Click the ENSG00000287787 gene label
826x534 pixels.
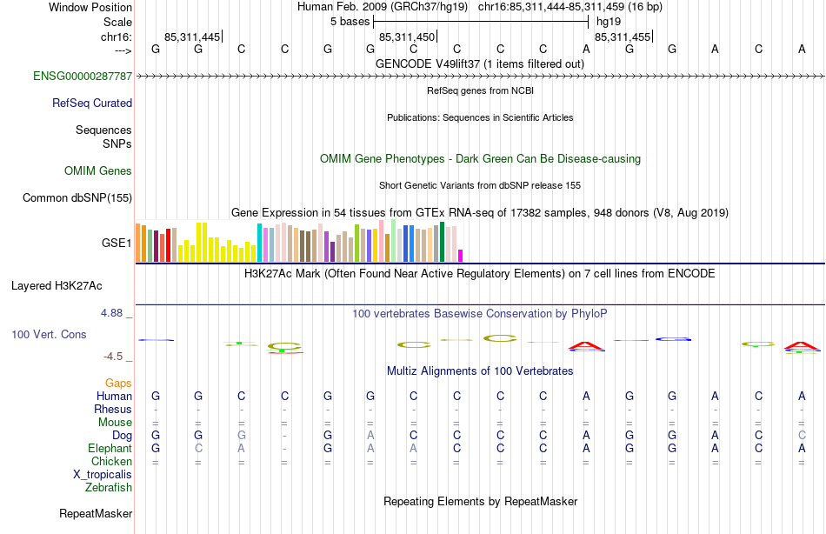(83, 77)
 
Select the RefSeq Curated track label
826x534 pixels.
(92, 103)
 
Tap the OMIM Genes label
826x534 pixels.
(98, 171)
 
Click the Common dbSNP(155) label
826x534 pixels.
(77, 198)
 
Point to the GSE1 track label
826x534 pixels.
(117, 243)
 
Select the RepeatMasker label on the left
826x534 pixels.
(96, 514)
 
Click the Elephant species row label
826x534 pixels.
(110, 448)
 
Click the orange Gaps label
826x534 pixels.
(118, 383)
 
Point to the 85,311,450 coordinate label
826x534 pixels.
(406, 37)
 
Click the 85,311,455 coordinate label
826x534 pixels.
(622, 37)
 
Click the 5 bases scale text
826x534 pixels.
(350, 21)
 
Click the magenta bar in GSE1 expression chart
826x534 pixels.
(460, 255)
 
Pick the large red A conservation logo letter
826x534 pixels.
(585, 346)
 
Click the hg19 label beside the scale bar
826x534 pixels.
(608, 21)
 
